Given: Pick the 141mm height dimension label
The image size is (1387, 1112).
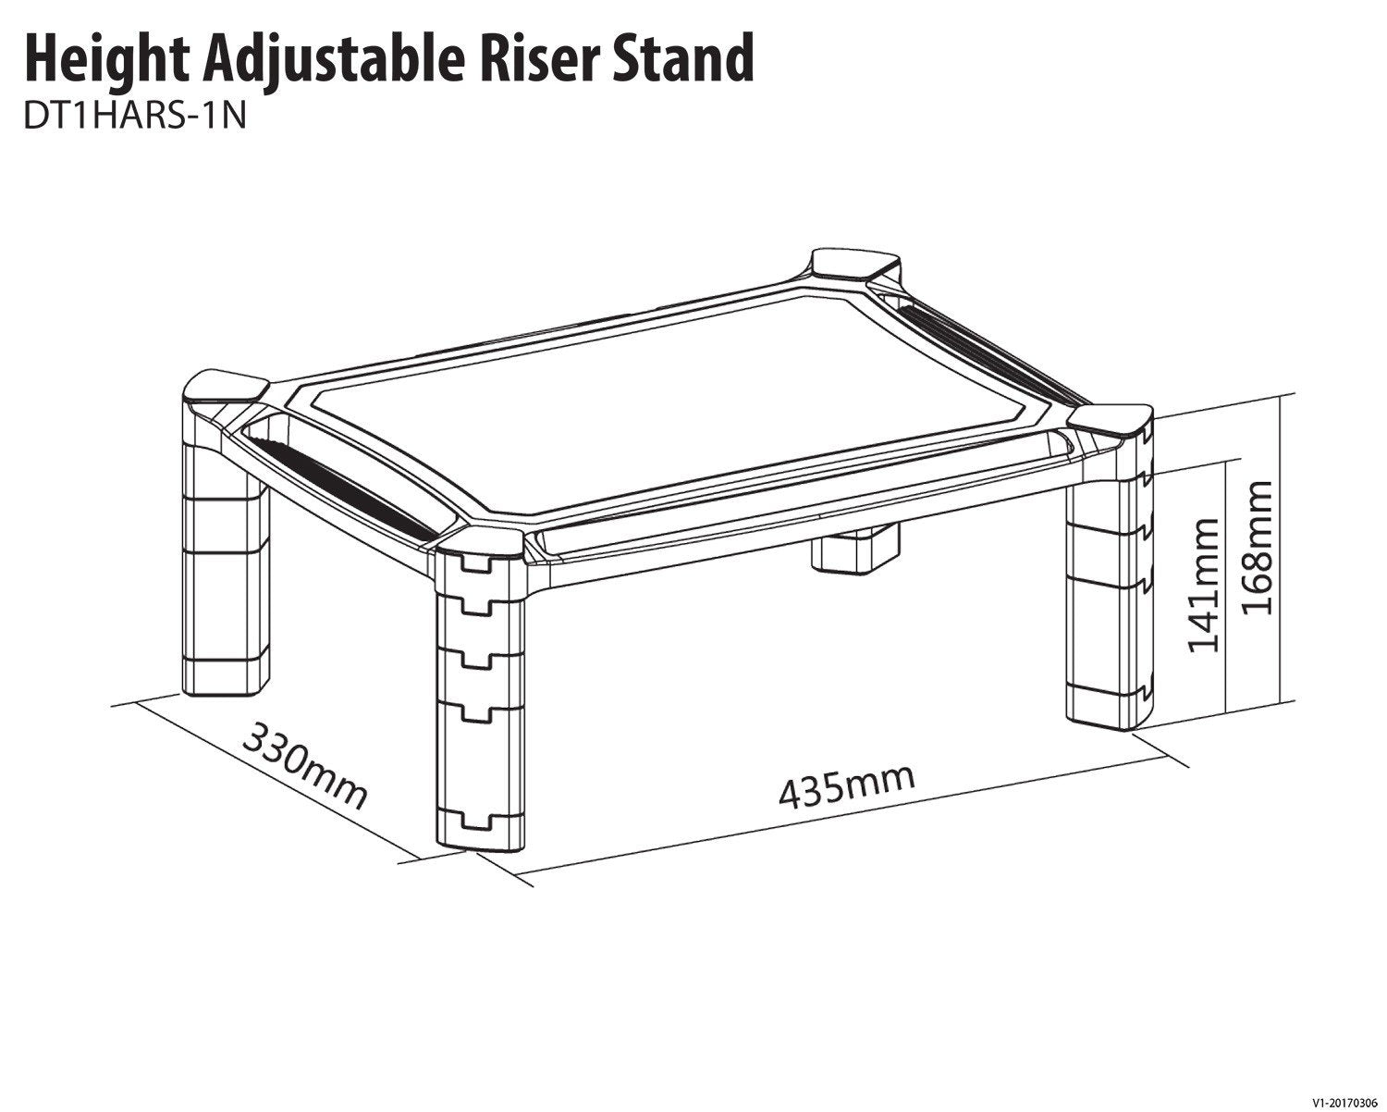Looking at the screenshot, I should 1204,585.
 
